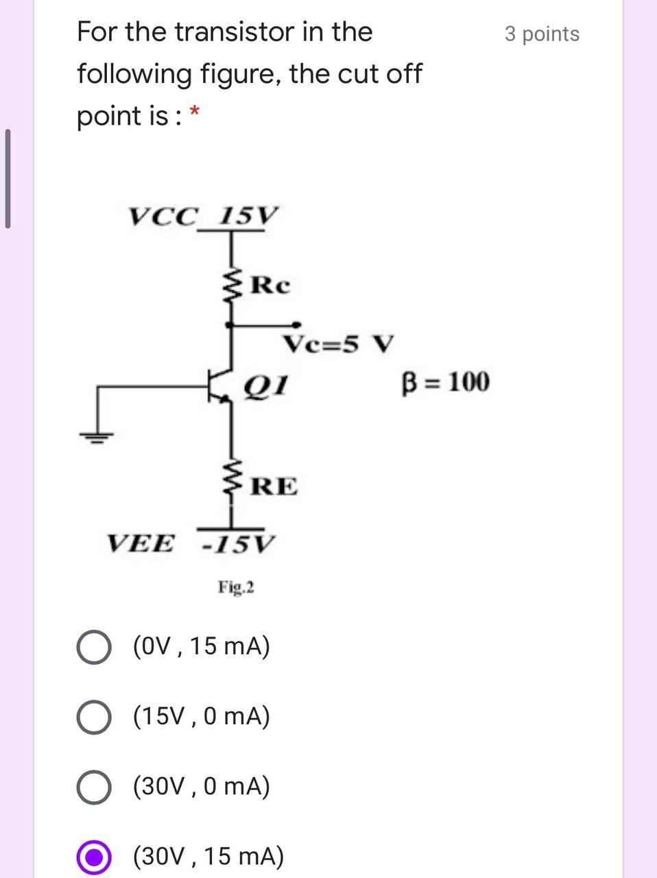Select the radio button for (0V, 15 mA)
point(94,648)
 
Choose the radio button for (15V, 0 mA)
point(94,717)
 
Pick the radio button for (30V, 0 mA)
point(94,787)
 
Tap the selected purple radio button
point(94,857)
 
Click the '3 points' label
point(542,34)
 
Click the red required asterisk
point(195,111)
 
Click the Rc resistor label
point(270,285)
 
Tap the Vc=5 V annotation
point(339,343)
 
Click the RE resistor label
point(274,486)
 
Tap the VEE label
point(141,544)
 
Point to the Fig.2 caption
point(236,587)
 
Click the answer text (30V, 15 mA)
point(208,856)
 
